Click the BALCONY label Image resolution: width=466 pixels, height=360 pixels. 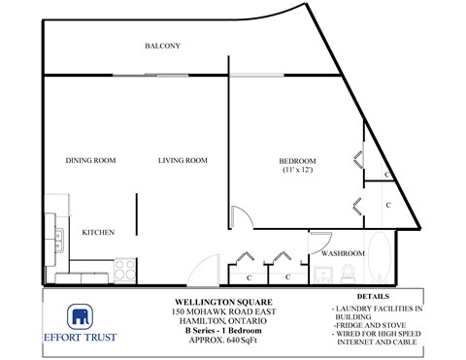(x=162, y=47)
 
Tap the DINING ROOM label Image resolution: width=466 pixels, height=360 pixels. (x=91, y=160)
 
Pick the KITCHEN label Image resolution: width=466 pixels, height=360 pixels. (x=99, y=233)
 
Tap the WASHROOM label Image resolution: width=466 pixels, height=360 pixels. (x=343, y=253)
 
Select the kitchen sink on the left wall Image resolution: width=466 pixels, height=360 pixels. (x=58, y=235)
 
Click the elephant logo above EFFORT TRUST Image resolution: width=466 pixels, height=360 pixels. (x=80, y=316)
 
